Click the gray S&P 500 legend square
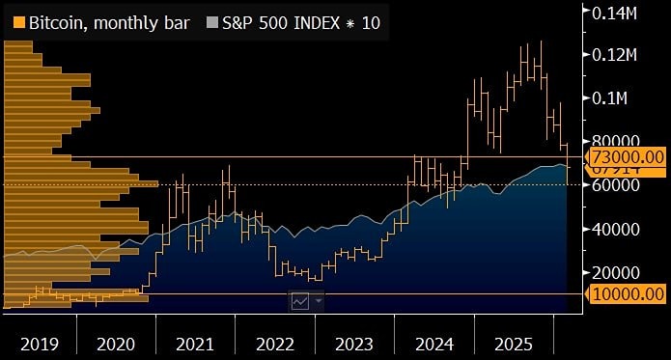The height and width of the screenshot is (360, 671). (x=214, y=21)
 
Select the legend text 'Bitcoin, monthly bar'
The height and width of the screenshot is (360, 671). (x=106, y=21)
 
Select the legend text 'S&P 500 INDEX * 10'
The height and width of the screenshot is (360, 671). (x=301, y=21)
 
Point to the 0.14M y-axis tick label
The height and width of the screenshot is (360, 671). (x=622, y=12)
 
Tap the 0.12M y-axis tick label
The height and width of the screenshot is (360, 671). (x=622, y=54)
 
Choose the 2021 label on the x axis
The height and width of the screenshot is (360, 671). (x=196, y=344)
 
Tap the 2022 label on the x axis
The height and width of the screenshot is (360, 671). (x=275, y=344)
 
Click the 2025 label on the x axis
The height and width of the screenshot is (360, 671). (x=514, y=344)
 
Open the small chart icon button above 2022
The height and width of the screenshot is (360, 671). (x=300, y=301)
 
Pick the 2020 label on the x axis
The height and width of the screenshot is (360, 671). (x=116, y=344)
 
